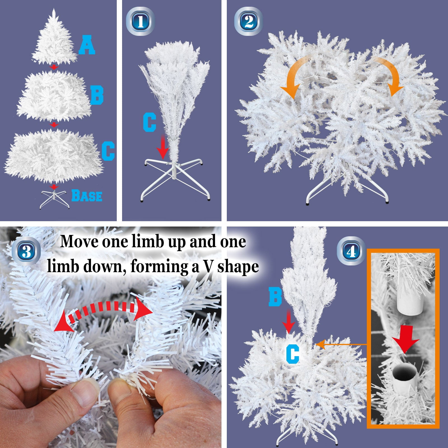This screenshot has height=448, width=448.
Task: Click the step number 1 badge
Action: point(140,21)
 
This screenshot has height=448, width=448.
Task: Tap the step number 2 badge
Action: point(248,21)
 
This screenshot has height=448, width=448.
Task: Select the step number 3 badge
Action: point(26,251)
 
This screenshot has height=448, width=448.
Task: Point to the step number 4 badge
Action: point(351,251)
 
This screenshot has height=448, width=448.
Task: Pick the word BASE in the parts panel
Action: point(87,195)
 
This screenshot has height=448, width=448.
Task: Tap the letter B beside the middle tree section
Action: point(97,94)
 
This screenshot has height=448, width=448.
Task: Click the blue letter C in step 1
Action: point(150,122)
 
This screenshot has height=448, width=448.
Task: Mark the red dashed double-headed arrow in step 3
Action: point(103,312)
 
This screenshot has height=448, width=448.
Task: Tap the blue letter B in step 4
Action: point(275,297)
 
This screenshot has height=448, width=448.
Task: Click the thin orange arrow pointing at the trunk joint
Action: point(341,344)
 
